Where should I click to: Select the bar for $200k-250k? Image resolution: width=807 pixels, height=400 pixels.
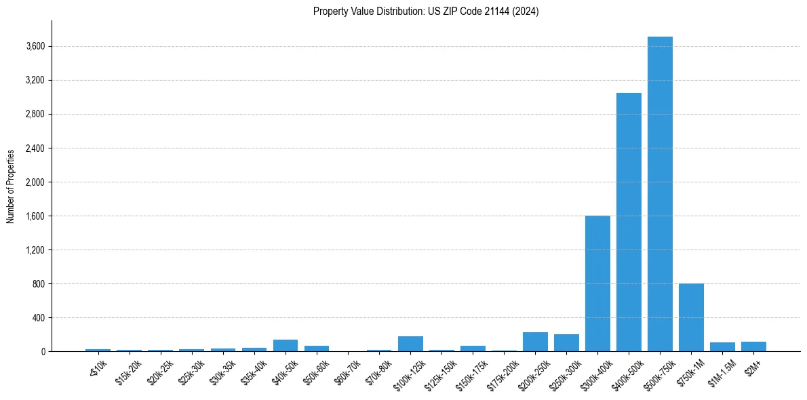[535, 342]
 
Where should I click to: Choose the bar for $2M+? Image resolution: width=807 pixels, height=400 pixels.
[753, 346]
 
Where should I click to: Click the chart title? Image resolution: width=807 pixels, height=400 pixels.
[426, 12]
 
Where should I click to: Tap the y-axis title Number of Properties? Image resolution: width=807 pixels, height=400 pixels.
[11, 186]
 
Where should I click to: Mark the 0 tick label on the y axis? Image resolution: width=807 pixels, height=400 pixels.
[43, 351]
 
